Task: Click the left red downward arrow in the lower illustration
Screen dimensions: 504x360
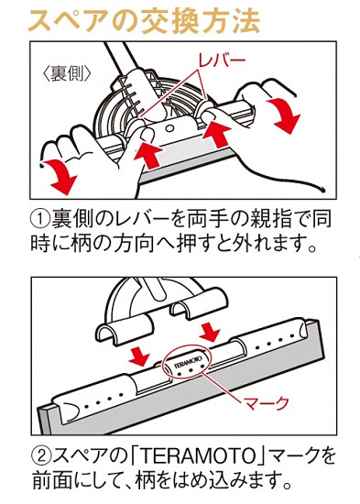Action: tap(137, 354)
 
